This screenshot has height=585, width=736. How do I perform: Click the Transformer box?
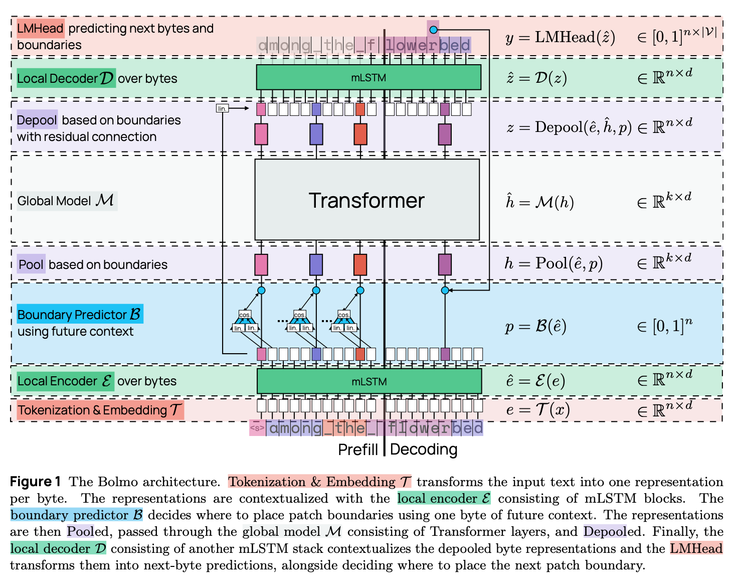(x=367, y=200)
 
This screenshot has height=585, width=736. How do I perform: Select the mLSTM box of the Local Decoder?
(x=369, y=77)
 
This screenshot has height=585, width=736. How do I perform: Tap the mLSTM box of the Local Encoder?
(x=369, y=382)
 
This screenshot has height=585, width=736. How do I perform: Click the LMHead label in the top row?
(x=40, y=29)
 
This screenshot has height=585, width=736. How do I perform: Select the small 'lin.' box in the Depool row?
(x=222, y=108)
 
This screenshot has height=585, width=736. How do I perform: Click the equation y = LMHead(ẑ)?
(x=560, y=37)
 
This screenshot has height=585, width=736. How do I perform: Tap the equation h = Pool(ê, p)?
(x=554, y=263)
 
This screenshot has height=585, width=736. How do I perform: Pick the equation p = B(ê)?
(x=535, y=327)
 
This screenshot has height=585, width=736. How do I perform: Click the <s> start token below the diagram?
(x=257, y=428)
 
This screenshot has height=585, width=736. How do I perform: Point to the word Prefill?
(x=357, y=450)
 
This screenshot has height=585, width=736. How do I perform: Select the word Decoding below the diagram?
(x=424, y=450)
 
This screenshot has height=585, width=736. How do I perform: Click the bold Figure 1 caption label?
(x=36, y=482)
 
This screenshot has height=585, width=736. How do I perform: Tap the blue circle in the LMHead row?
(x=433, y=30)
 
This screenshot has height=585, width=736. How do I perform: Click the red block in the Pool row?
(x=360, y=264)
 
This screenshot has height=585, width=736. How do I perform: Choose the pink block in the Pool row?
(x=261, y=264)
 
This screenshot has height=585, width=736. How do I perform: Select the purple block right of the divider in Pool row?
(x=445, y=264)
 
